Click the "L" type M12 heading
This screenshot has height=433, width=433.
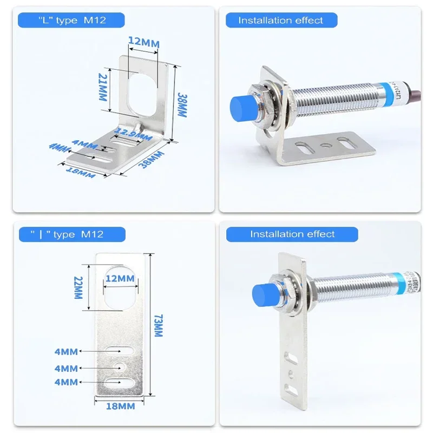(71, 21)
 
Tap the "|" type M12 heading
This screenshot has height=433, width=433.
(71, 234)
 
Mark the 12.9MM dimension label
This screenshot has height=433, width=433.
(132, 133)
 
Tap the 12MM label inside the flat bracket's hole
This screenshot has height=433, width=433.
(120, 278)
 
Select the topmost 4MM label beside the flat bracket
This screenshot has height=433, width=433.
(66, 351)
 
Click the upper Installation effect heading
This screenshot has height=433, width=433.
(281, 21)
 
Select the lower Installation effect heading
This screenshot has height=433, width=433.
(292, 234)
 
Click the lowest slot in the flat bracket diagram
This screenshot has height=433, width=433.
(121, 383)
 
